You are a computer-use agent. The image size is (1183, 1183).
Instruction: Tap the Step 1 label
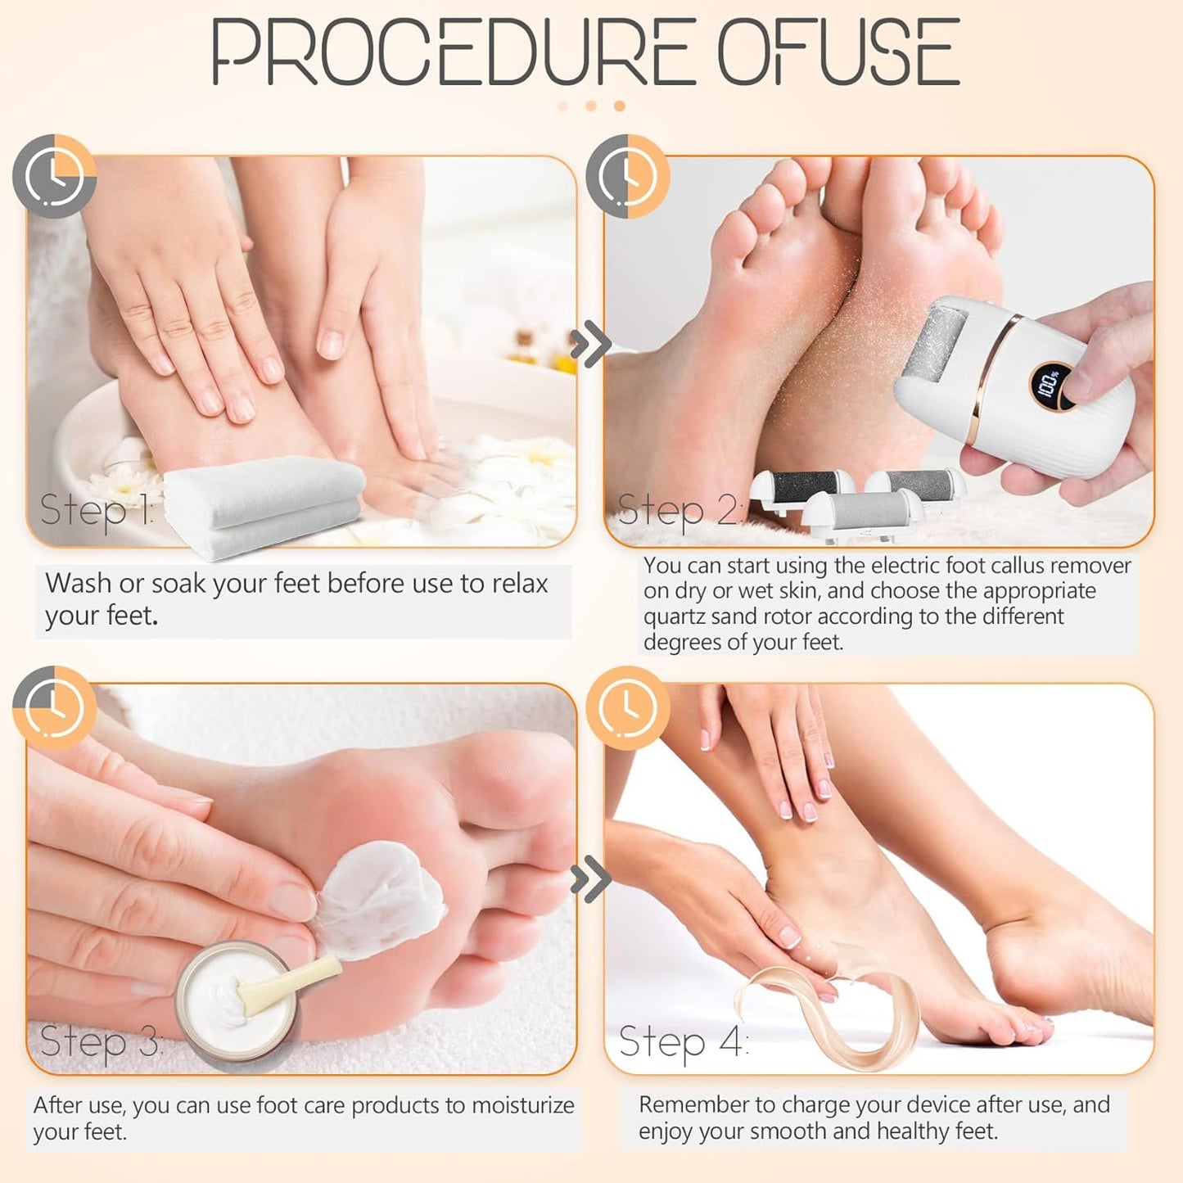pyautogui.click(x=97, y=509)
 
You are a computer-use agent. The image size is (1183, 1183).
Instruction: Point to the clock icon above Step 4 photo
pyautogui.click(x=628, y=707)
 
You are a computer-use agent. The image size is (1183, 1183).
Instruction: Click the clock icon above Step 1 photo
pyautogui.click(x=54, y=177)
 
